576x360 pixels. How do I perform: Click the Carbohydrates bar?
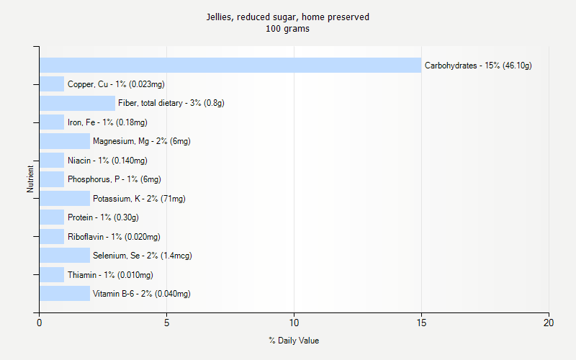click(x=230, y=66)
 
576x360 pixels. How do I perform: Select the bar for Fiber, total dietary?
click(x=77, y=103)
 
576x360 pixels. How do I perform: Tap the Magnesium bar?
click(x=65, y=141)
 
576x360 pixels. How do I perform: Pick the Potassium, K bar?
click(x=65, y=198)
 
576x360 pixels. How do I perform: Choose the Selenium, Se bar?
click(x=65, y=255)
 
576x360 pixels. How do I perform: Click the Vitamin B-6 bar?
click(x=65, y=293)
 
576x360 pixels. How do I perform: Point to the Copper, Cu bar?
click(x=52, y=84)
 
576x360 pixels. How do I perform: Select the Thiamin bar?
click(x=52, y=274)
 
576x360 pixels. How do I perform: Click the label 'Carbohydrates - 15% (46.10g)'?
click(x=478, y=66)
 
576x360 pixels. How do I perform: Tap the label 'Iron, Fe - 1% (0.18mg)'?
click(x=107, y=122)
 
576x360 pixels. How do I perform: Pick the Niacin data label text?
click(x=107, y=161)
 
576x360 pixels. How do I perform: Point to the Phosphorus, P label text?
click(x=114, y=179)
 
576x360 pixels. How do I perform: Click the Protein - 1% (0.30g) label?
click(x=103, y=217)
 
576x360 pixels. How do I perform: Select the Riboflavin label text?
click(x=114, y=236)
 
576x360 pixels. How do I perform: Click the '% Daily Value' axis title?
click(x=294, y=340)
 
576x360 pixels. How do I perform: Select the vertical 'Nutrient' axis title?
click(x=31, y=179)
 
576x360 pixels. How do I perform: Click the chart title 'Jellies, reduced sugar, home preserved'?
click(x=288, y=17)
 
